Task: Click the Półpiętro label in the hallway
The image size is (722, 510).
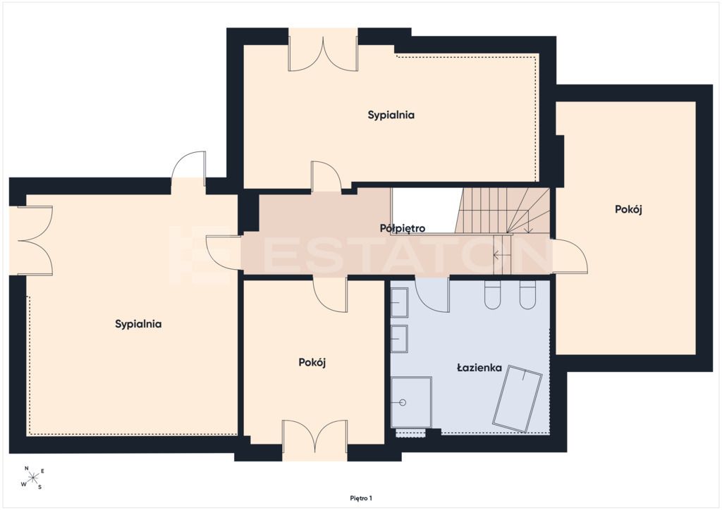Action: click(x=403, y=228)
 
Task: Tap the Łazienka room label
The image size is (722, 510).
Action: click(x=479, y=368)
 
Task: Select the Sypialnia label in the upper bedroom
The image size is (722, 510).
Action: click(x=391, y=115)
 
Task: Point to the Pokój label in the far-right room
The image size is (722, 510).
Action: click(x=628, y=209)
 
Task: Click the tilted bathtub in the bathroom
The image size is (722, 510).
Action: click(x=517, y=399)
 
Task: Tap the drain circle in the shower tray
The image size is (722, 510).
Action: click(x=403, y=402)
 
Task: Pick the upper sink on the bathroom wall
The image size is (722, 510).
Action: click(x=399, y=303)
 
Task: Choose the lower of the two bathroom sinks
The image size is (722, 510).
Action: click(x=399, y=339)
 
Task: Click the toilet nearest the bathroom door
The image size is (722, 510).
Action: click(x=492, y=294)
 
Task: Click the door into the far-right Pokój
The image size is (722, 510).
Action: click(x=570, y=256)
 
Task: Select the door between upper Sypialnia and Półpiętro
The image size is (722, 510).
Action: click(x=326, y=176)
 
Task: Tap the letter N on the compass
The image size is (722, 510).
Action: click(x=27, y=468)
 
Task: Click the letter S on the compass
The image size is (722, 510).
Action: click(x=39, y=487)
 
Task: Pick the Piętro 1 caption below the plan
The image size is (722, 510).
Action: click(x=361, y=498)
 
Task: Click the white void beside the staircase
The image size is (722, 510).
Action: click(x=426, y=211)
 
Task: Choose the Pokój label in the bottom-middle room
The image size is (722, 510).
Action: click(x=312, y=362)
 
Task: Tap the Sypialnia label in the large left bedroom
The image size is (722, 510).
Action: click(x=138, y=324)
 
